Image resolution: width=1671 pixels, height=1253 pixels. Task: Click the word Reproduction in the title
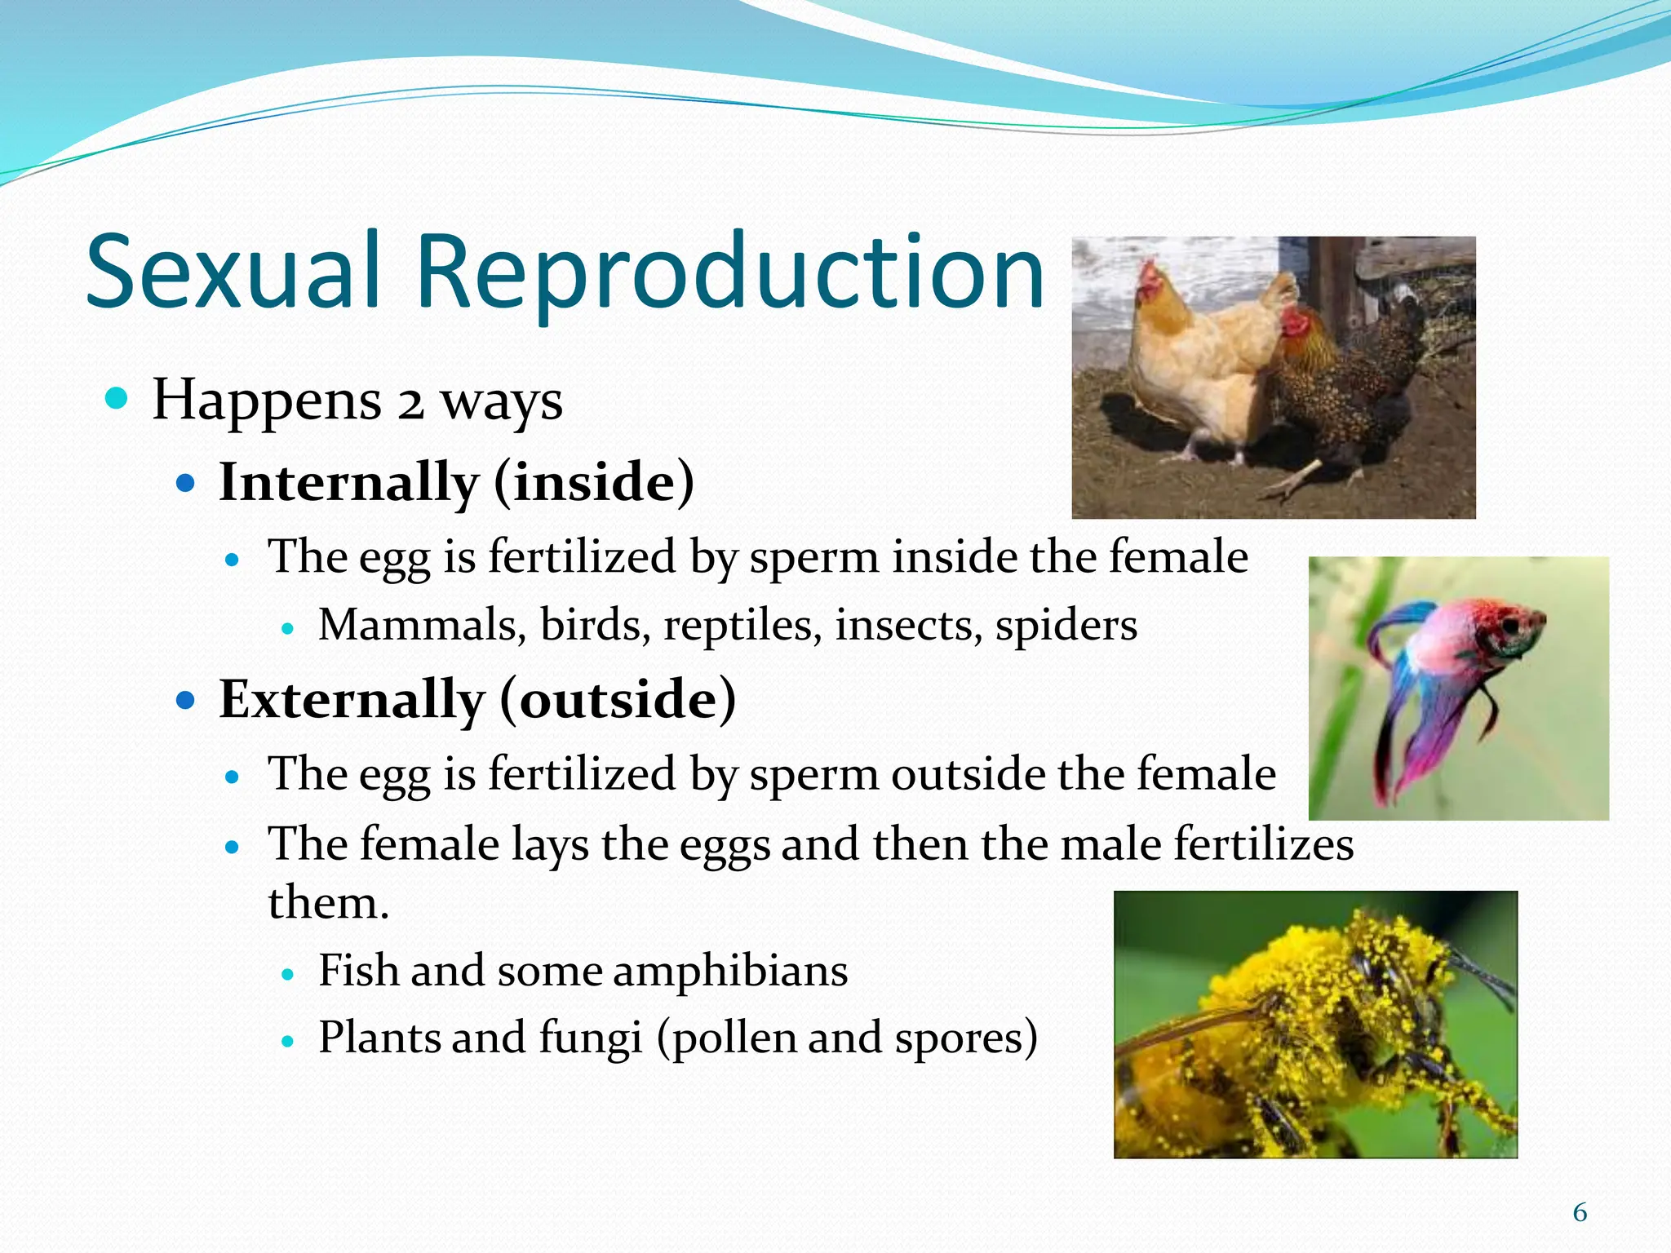(730, 273)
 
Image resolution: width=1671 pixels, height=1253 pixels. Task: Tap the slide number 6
(1580, 1213)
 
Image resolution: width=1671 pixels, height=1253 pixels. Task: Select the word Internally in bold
(348, 482)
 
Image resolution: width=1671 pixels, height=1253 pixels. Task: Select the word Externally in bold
(352, 700)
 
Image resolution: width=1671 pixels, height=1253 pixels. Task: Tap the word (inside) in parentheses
(594, 482)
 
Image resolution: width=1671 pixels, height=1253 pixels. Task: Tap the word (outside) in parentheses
(618, 700)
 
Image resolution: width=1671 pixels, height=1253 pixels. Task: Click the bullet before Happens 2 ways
(117, 399)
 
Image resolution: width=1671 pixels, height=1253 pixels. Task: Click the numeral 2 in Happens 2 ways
(410, 402)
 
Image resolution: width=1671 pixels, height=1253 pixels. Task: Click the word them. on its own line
(328, 903)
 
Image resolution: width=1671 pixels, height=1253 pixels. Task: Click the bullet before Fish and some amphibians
(286, 974)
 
